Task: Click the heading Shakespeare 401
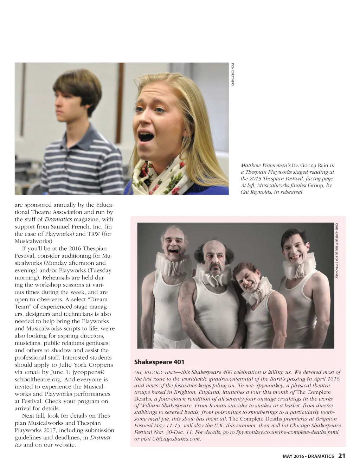(159, 362)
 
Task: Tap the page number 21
(342, 456)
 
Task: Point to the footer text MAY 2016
(294, 456)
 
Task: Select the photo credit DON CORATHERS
(232, 74)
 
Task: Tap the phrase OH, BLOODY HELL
(156, 372)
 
